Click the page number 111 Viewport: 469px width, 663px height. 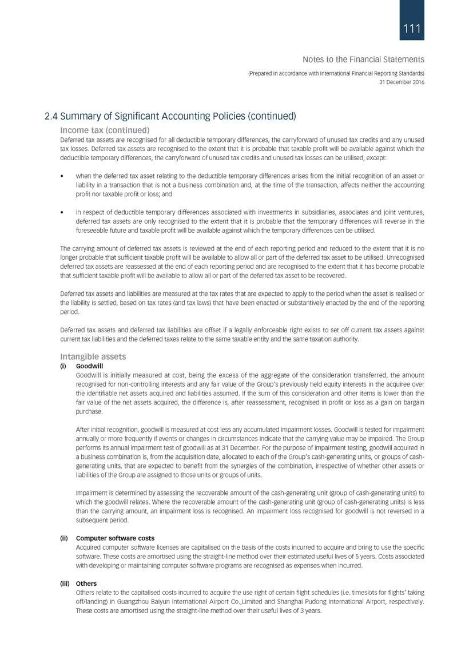tap(412, 29)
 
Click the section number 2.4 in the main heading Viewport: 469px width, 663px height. tap(52, 117)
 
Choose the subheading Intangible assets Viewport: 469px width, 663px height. tap(93, 356)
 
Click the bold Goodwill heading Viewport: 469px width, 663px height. tap(89, 366)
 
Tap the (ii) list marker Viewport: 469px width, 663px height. tap(65, 538)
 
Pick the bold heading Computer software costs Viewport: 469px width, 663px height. tap(115, 538)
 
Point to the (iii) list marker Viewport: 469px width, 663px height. tap(65, 584)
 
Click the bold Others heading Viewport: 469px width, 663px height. tap(86, 584)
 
